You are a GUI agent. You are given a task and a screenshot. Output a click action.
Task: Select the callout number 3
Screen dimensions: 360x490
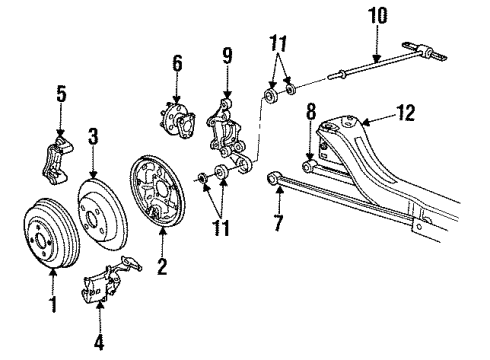[x=93, y=136]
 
